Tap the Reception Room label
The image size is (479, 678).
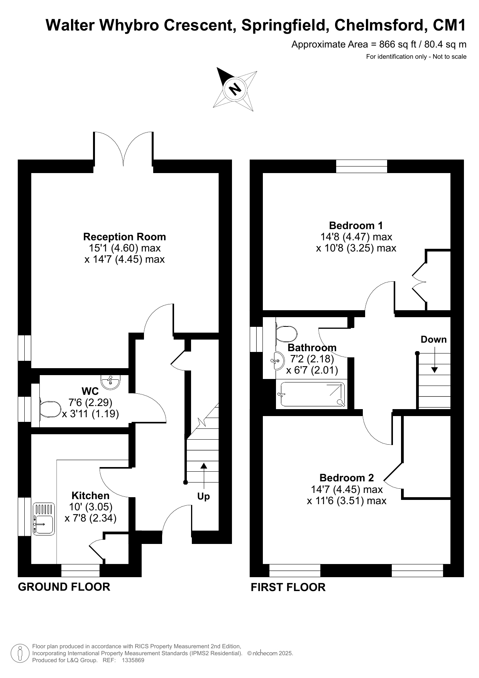coord(125,237)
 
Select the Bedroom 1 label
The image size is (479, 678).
coord(356,225)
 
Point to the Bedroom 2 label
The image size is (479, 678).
coord(347,478)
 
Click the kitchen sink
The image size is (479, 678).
coord(44,518)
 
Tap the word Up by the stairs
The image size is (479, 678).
coord(203,496)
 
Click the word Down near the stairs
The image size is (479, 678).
coord(433,340)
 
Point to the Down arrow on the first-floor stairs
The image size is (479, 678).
coord(435,360)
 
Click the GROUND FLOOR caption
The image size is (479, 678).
coord(64,587)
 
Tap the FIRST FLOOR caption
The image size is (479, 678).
coord(288,587)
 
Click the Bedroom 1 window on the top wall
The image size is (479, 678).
coord(362,166)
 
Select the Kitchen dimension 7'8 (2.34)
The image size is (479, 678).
coord(91,518)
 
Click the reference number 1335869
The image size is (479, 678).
coord(133,660)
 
